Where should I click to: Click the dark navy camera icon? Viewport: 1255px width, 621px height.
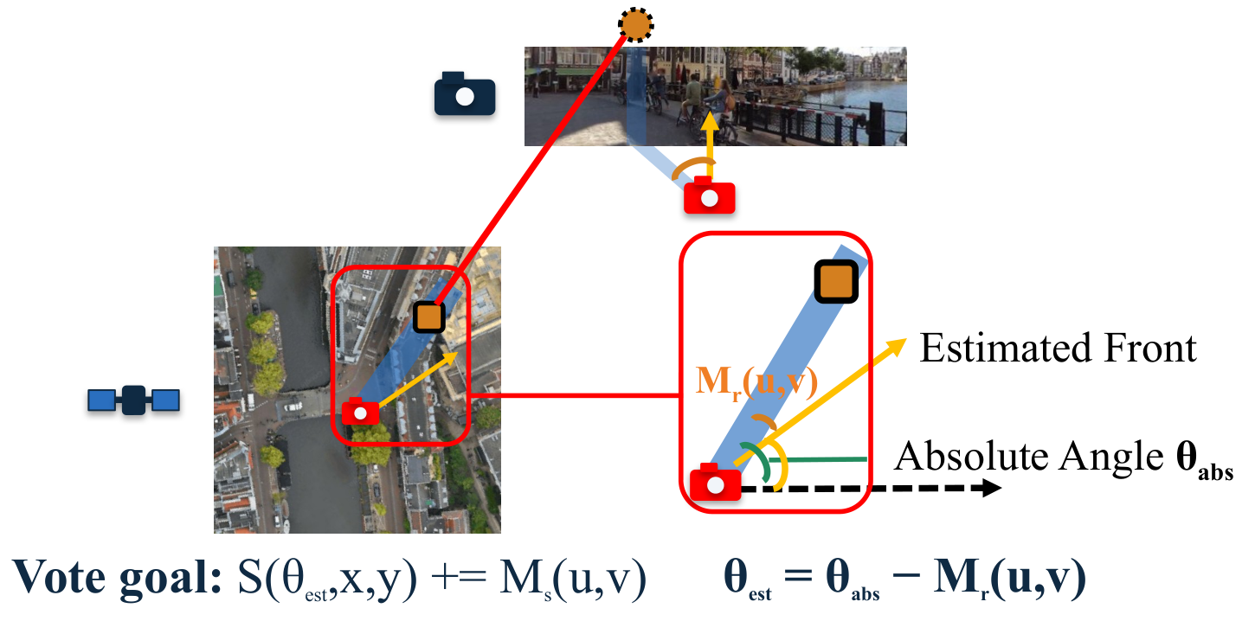click(x=465, y=93)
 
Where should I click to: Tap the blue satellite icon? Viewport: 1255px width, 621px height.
click(x=133, y=400)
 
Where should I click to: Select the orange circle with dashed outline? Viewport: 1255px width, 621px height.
click(x=635, y=24)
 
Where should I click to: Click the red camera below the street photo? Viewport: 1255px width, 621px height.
click(x=710, y=195)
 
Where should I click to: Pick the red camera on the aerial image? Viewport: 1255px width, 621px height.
click(x=360, y=412)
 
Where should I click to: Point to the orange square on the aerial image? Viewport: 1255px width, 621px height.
click(x=428, y=317)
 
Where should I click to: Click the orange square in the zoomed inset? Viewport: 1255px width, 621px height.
click(x=836, y=281)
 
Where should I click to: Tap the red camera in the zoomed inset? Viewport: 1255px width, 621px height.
click(x=716, y=482)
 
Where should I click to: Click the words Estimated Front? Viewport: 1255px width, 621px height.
click(x=1058, y=349)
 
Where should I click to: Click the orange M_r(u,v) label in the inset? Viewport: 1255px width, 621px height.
click(x=756, y=382)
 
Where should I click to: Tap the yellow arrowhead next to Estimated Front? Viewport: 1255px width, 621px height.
click(x=897, y=345)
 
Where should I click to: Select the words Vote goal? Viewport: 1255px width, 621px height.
click(x=117, y=578)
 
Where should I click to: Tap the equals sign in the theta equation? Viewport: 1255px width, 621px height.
click(x=798, y=576)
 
